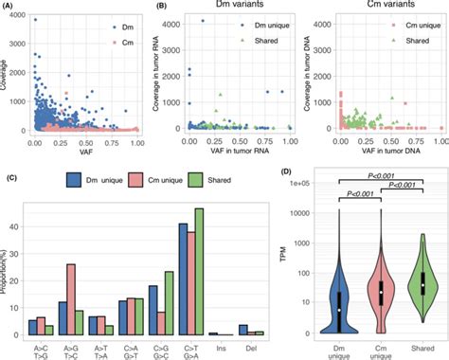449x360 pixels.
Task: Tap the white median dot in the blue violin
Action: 339,310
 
